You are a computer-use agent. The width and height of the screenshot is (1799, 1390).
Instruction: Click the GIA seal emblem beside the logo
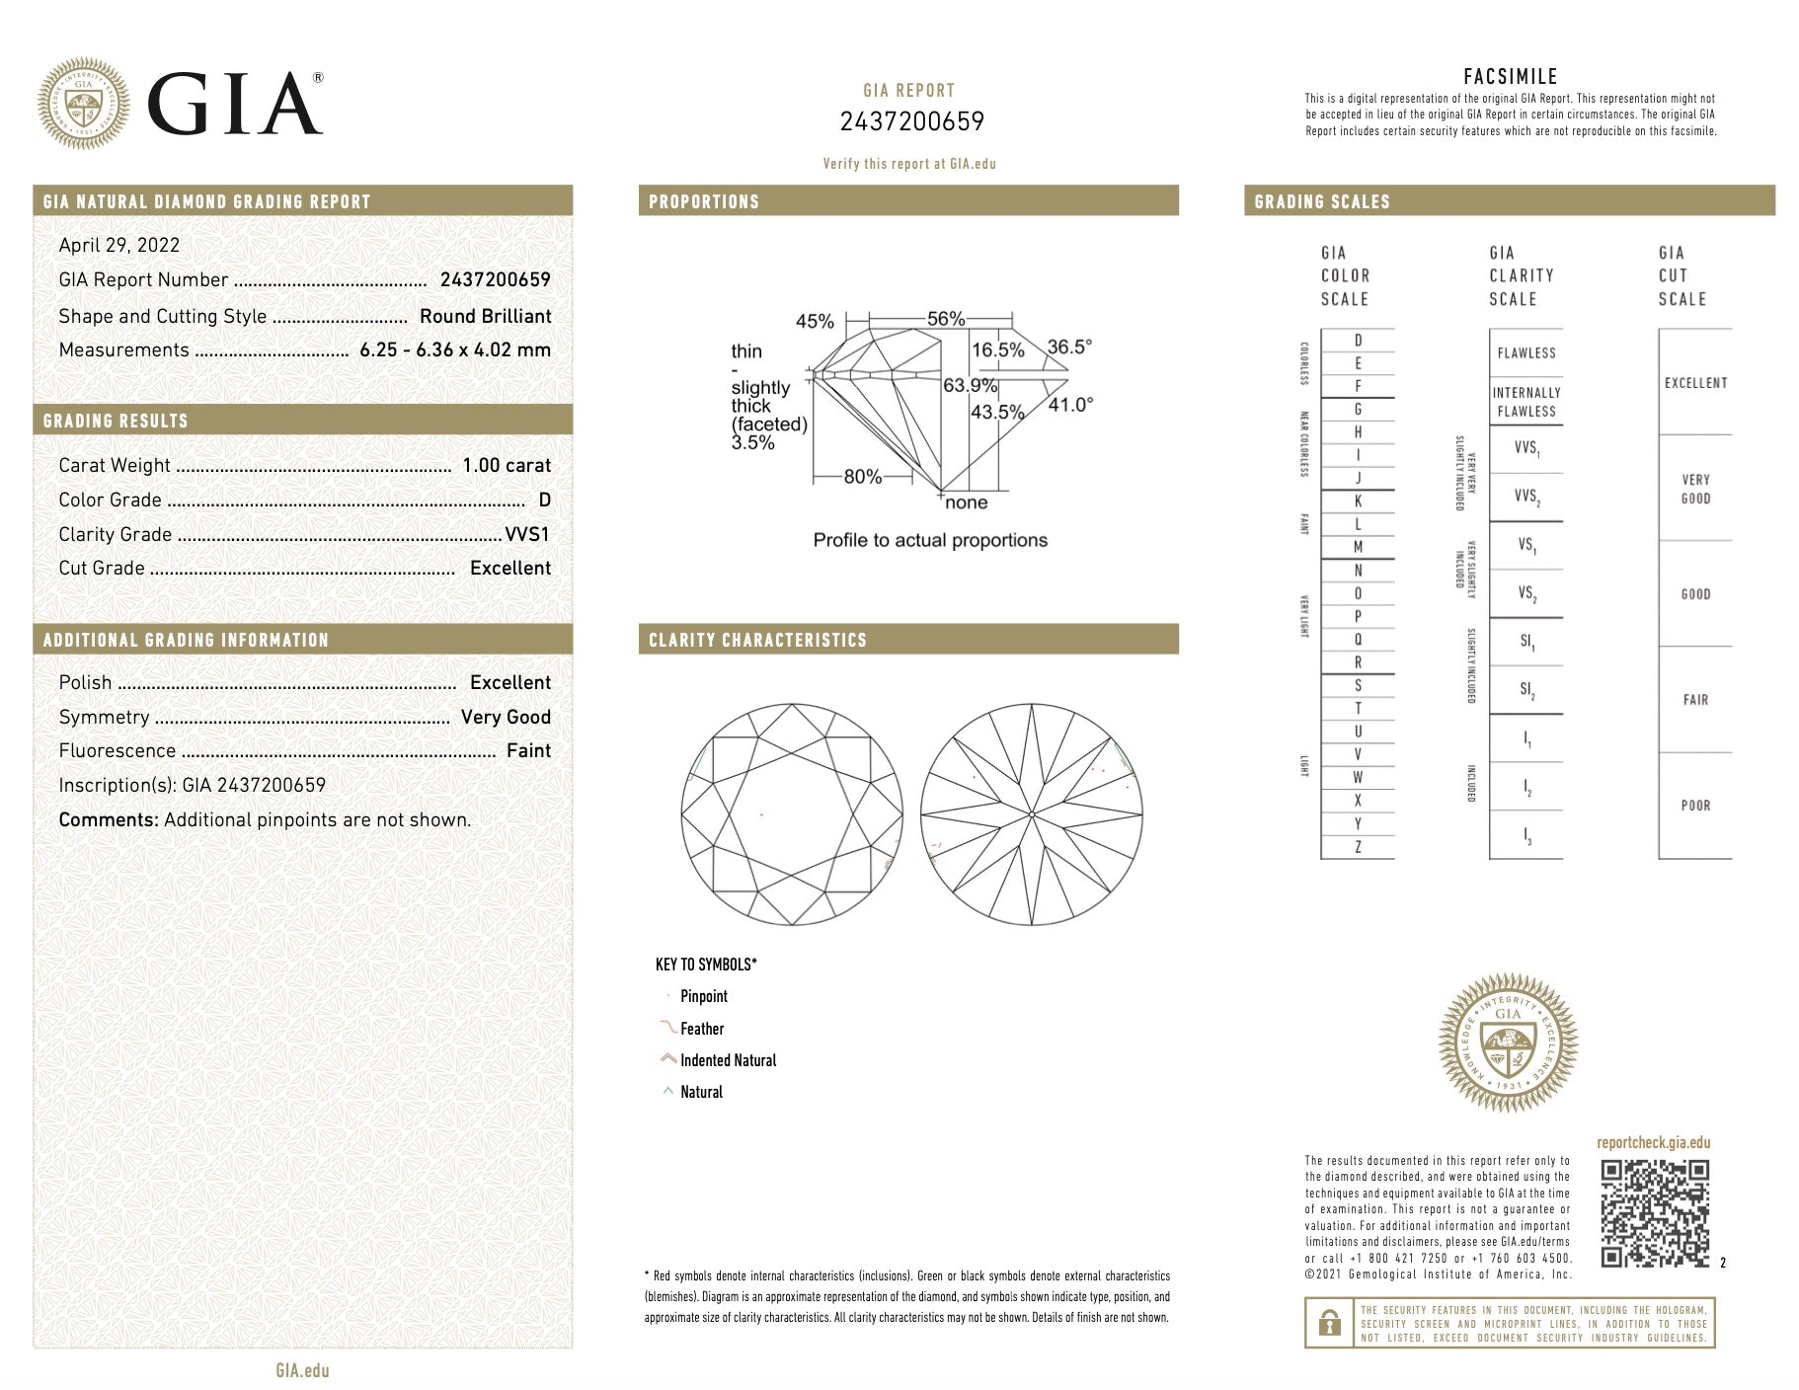(x=84, y=104)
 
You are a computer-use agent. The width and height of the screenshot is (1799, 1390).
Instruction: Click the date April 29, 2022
(x=119, y=246)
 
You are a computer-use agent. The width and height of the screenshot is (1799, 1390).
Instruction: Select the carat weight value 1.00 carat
(x=507, y=465)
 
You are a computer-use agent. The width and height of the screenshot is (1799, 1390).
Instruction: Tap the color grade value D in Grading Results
(x=545, y=500)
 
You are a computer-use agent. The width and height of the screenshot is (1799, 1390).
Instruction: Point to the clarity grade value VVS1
(x=527, y=534)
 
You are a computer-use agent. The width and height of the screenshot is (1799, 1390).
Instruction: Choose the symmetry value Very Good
(x=506, y=717)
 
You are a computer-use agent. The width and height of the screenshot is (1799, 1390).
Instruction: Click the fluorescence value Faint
(x=528, y=750)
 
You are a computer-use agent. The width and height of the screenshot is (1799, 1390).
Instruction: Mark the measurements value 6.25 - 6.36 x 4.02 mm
(x=455, y=349)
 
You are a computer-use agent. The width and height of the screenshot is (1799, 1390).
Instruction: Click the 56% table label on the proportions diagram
(x=946, y=319)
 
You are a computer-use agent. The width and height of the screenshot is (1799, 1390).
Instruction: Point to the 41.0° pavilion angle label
(x=1070, y=405)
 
